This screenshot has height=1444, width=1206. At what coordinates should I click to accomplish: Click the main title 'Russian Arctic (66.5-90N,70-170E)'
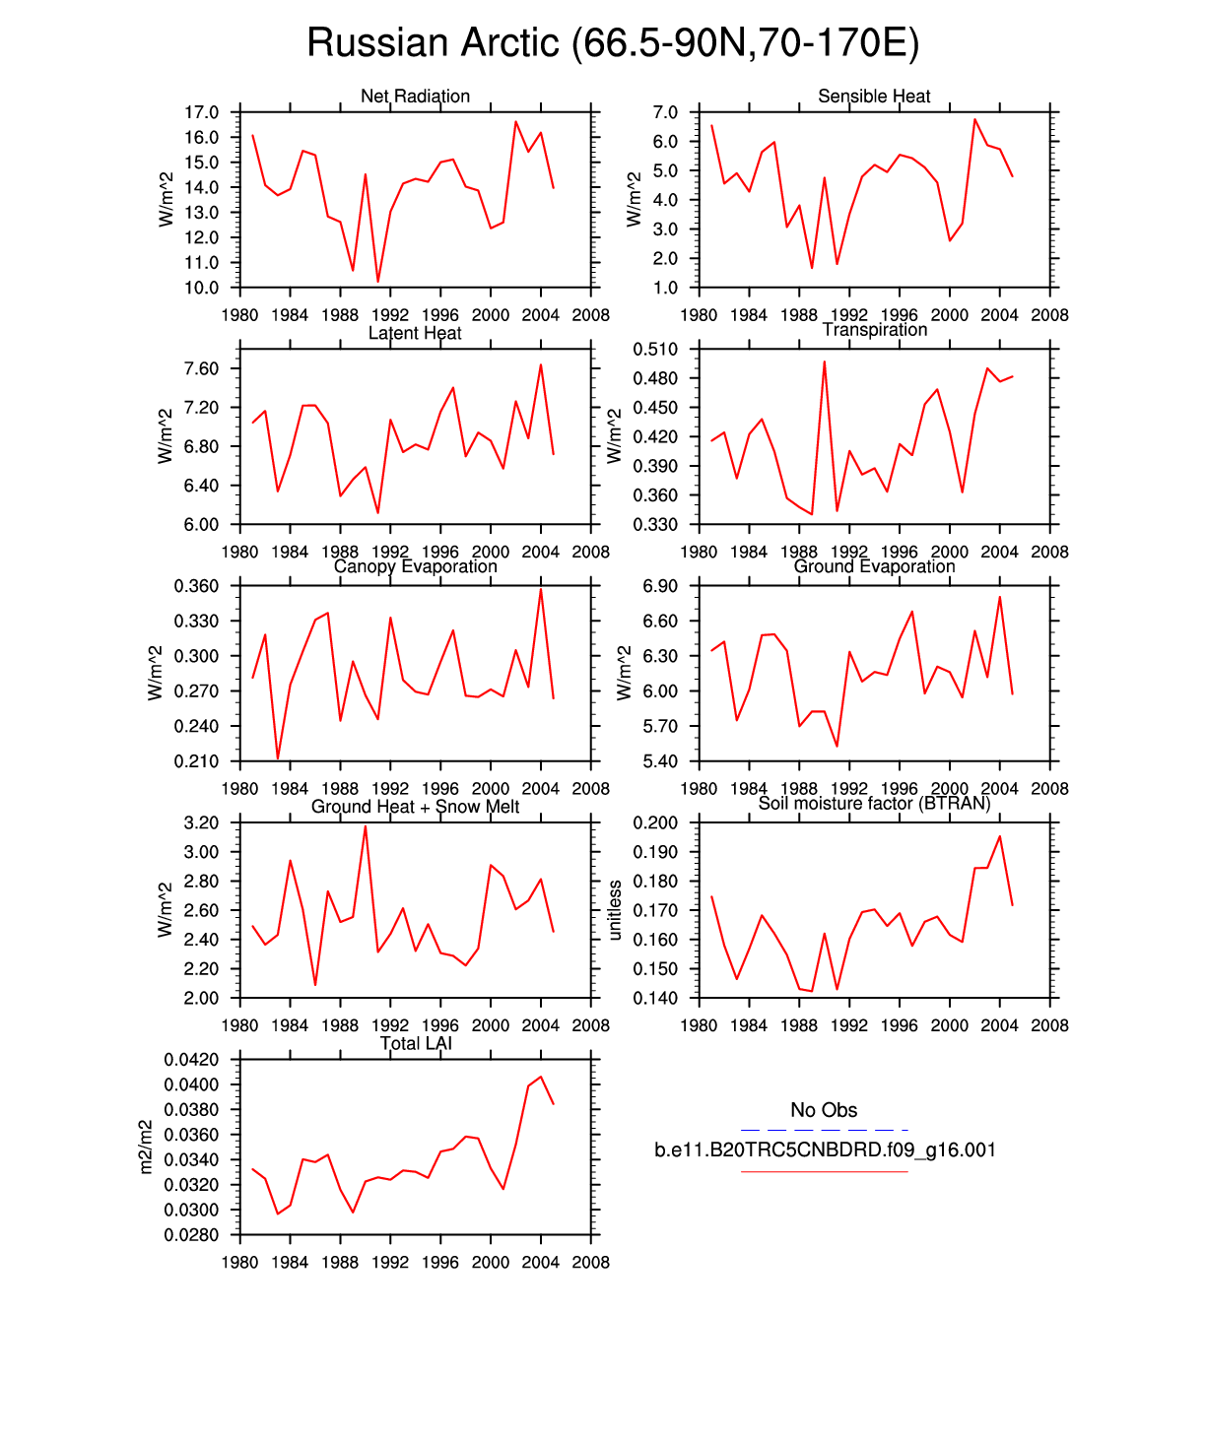[612, 43]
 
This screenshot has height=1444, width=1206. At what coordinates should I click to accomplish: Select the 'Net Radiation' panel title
[415, 97]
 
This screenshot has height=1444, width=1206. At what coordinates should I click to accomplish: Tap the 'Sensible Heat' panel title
[874, 97]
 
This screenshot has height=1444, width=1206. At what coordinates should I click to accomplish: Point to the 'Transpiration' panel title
[875, 330]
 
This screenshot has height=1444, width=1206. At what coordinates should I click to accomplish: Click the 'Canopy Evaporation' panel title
[415, 566]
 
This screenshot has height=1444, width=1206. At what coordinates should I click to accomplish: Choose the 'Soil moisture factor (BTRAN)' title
[874, 804]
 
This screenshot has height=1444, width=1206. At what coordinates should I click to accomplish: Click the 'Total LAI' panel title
[416, 1044]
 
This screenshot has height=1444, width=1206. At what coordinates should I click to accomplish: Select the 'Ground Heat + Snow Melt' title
[415, 807]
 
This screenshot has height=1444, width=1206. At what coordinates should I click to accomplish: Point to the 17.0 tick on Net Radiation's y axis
[201, 112]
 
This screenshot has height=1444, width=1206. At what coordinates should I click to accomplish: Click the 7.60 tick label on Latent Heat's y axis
[201, 369]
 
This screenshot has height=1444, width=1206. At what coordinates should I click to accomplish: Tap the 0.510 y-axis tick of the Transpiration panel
[655, 349]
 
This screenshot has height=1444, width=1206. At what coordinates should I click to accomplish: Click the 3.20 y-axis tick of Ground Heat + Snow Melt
[201, 822]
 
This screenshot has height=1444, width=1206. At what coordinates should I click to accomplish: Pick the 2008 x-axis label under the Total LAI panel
[590, 1263]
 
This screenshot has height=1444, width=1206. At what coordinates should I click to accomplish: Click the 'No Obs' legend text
[824, 1110]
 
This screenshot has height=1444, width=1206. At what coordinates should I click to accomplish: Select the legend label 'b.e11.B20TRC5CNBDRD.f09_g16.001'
[825, 1150]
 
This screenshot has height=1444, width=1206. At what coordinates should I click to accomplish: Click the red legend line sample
[824, 1172]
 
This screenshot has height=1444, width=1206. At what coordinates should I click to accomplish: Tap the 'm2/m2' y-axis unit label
[146, 1147]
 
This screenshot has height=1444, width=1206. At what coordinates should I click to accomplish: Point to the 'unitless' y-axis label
[615, 910]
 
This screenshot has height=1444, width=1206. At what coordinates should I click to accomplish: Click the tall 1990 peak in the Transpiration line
[825, 362]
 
